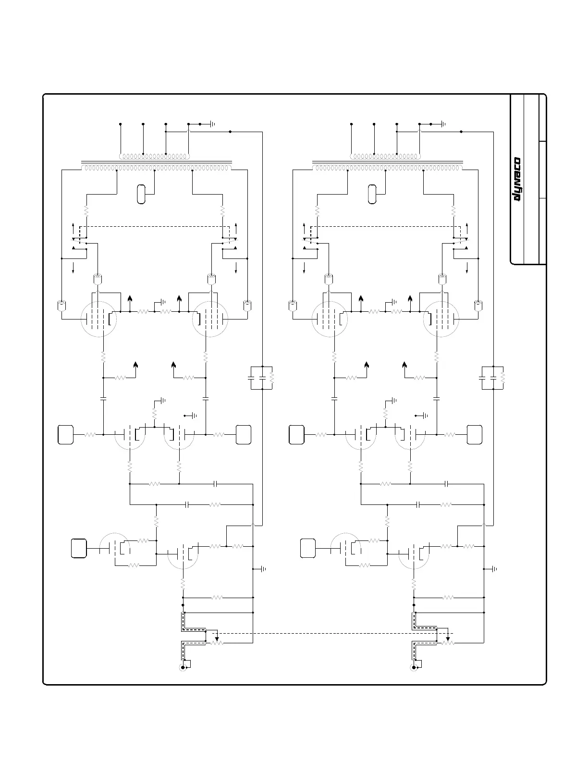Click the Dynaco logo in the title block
coord(518,181)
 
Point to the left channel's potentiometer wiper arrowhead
coord(217,638)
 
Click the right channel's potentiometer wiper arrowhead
coord(448,638)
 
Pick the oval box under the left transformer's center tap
coord(141,194)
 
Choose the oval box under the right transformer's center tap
coord(371,194)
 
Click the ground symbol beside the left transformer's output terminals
coord(212,124)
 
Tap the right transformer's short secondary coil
coord(385,156)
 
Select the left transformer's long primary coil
coord(156,168)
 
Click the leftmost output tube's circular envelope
coord(98,319)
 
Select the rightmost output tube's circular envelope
coord(440,319)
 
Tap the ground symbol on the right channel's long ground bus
coord(495,569)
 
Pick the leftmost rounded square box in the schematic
coord(66,434)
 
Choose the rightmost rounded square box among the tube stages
coord(475,434)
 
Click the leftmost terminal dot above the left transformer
coord(120,124)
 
